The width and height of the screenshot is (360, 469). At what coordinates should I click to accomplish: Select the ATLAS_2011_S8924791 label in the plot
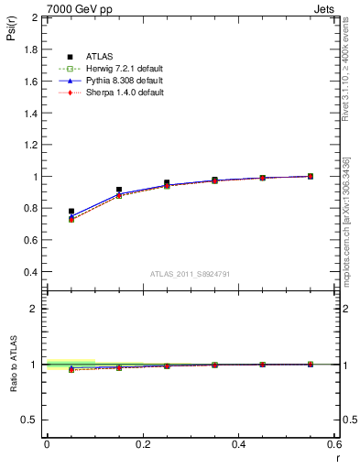coord(190,273)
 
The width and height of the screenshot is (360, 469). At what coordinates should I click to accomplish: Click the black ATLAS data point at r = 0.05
coord(71,212)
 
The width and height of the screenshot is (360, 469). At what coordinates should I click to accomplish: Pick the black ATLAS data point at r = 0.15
coord(119,190)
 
